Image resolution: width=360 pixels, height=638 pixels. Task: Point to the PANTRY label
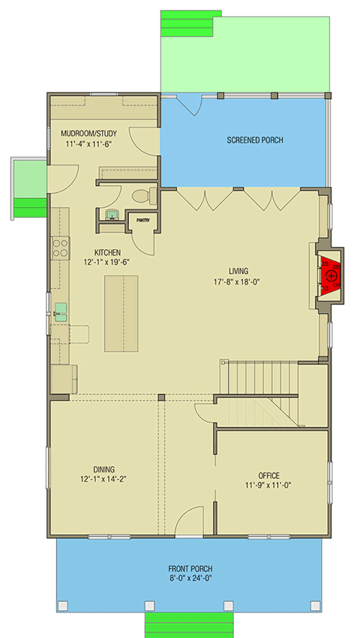tap(142, 220)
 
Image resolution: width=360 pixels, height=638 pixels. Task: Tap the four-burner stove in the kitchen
tap(60, 248)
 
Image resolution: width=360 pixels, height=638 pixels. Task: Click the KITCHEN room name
tap(107, 252)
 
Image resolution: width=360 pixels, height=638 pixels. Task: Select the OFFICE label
tap(268, 475)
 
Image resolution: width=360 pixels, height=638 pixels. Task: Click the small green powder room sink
tap(112, 215)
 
